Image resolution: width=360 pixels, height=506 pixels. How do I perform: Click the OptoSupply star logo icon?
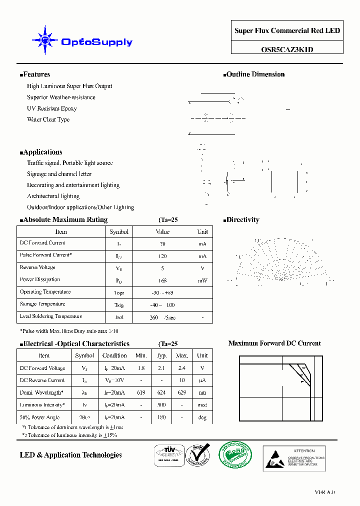click(45, 39)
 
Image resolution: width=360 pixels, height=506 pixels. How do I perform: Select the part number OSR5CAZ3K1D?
click(287, 49)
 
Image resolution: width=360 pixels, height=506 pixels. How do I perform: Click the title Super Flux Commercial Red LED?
click(287, 31)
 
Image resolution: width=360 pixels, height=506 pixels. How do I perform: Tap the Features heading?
click(36, 74)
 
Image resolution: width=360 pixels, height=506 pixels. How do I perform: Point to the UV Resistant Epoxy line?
click(51, 108)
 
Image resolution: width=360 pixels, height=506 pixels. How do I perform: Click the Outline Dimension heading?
click(255, 74)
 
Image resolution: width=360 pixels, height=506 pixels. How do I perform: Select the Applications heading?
click(42, 152)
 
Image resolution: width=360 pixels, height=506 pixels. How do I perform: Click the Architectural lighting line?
click(53, 196)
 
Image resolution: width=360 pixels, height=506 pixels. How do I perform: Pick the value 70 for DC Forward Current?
click(162, 244)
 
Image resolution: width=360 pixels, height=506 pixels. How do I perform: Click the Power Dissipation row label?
click(39, 279)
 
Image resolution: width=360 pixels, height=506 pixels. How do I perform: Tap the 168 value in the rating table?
click(162, 280)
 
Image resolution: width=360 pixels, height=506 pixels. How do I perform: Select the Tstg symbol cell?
click(119, 305)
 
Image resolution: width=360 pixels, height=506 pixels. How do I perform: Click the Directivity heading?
click(242, 220)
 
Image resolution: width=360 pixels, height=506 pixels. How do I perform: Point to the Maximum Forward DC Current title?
click(274, 343)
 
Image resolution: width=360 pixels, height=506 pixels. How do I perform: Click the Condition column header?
click(114, 355)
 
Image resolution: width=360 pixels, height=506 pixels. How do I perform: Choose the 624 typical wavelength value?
click(161, 393)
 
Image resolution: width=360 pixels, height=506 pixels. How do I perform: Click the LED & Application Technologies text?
click(70, 455)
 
